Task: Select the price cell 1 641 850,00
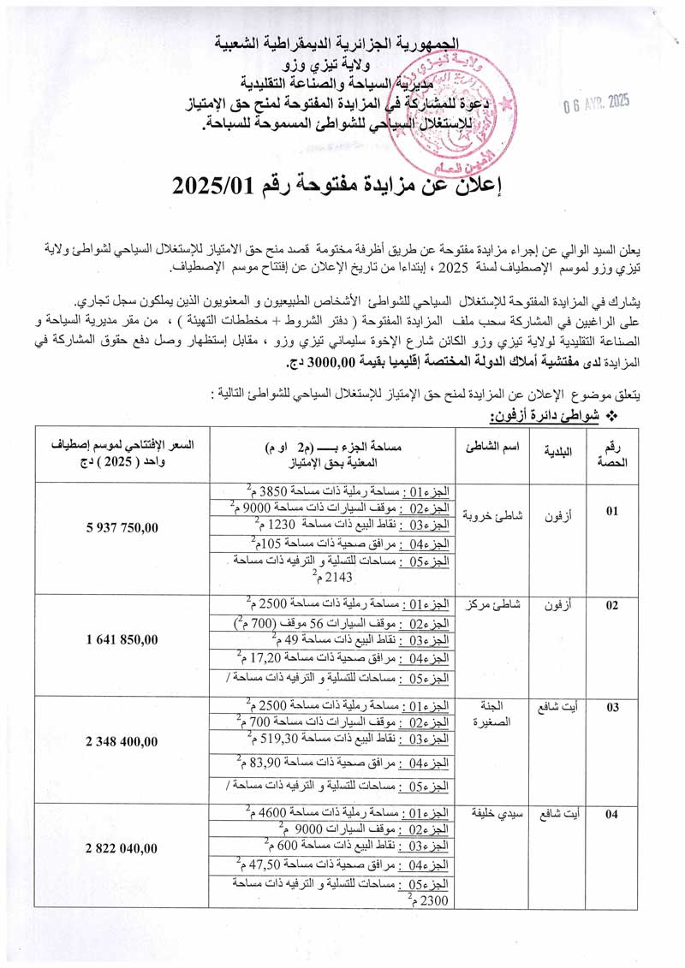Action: pyautogui.click(x=122, y=639)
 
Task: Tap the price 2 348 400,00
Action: pyautogui.click(x=122, y=742)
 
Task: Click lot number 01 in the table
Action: pyautogui.click(x=612, y=511)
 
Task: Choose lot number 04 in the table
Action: pyautogui.click(x=612, y=814)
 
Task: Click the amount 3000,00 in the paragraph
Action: pyautogui.click(x=317, y=364)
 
